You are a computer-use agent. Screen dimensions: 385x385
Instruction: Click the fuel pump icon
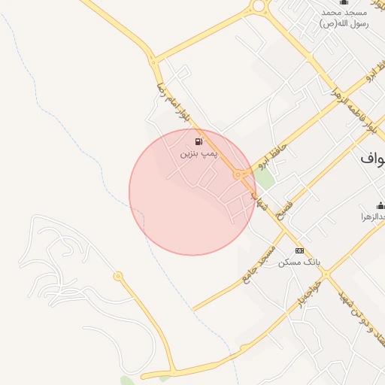tap(198, 141)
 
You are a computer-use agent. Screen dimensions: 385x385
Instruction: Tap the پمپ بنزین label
tap(198, 153)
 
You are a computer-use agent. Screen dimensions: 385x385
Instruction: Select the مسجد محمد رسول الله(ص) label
tap(344, 18)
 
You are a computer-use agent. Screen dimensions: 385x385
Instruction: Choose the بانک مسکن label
tap(299, 262)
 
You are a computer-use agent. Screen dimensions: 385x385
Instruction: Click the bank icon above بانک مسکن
tap(299, 250)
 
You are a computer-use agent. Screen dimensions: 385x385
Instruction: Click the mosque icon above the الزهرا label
tap(380, 206)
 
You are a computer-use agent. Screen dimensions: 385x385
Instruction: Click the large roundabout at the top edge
tap(259, 5)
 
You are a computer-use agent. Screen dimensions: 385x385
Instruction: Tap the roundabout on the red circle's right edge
tap(238, 174)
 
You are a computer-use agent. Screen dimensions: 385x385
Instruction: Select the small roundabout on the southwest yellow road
tap(118, 277)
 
